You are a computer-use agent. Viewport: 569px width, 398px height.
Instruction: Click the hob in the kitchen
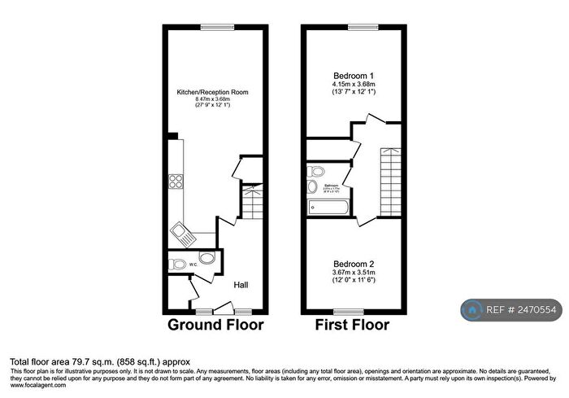(x=176, y=182)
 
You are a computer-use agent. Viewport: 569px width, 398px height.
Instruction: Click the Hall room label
(x=241, y=285)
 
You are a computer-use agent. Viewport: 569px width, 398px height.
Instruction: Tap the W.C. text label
(x=193, y=265)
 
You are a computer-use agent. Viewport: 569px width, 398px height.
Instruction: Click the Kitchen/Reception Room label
(x=213, y=93)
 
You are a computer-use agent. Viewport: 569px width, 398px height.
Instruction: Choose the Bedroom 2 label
(x=352, y=265)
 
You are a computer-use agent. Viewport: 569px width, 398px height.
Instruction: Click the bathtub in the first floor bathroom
(x=328, y=208)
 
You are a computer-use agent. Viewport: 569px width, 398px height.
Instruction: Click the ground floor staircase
(x=253, y=202)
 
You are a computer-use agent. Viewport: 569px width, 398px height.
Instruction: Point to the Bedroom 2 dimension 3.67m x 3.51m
(x=352, y=273)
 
